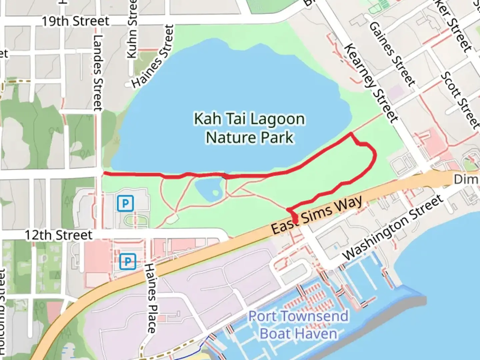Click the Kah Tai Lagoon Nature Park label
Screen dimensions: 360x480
pos(249,128)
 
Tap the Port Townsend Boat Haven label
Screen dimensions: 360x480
pos(298,325)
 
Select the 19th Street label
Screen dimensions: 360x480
pos(75,21)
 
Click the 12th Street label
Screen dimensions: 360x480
pos(59,235)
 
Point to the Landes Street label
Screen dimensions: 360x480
pos(97,73)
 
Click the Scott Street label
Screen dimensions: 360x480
pos(460,100)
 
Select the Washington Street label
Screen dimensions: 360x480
pos(393,228)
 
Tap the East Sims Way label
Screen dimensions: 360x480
pos(316,215)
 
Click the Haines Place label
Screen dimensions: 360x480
pos(151,298)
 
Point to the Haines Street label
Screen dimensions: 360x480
pos(153,57)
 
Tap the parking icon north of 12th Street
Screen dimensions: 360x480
pos(125,203)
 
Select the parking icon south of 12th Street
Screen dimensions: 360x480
pos(128,262)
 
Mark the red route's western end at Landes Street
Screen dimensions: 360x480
pos(104,173)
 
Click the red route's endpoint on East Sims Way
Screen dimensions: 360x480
pos(295,220)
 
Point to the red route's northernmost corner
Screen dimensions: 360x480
pos(351,133)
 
